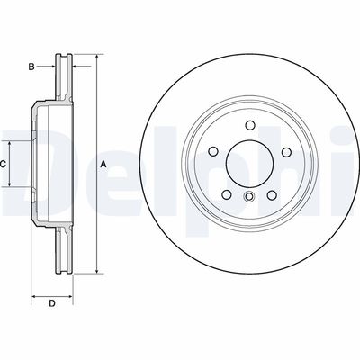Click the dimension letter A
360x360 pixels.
(103, 164)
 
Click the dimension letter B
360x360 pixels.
(31, 67)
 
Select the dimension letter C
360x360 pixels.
(4, 164)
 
